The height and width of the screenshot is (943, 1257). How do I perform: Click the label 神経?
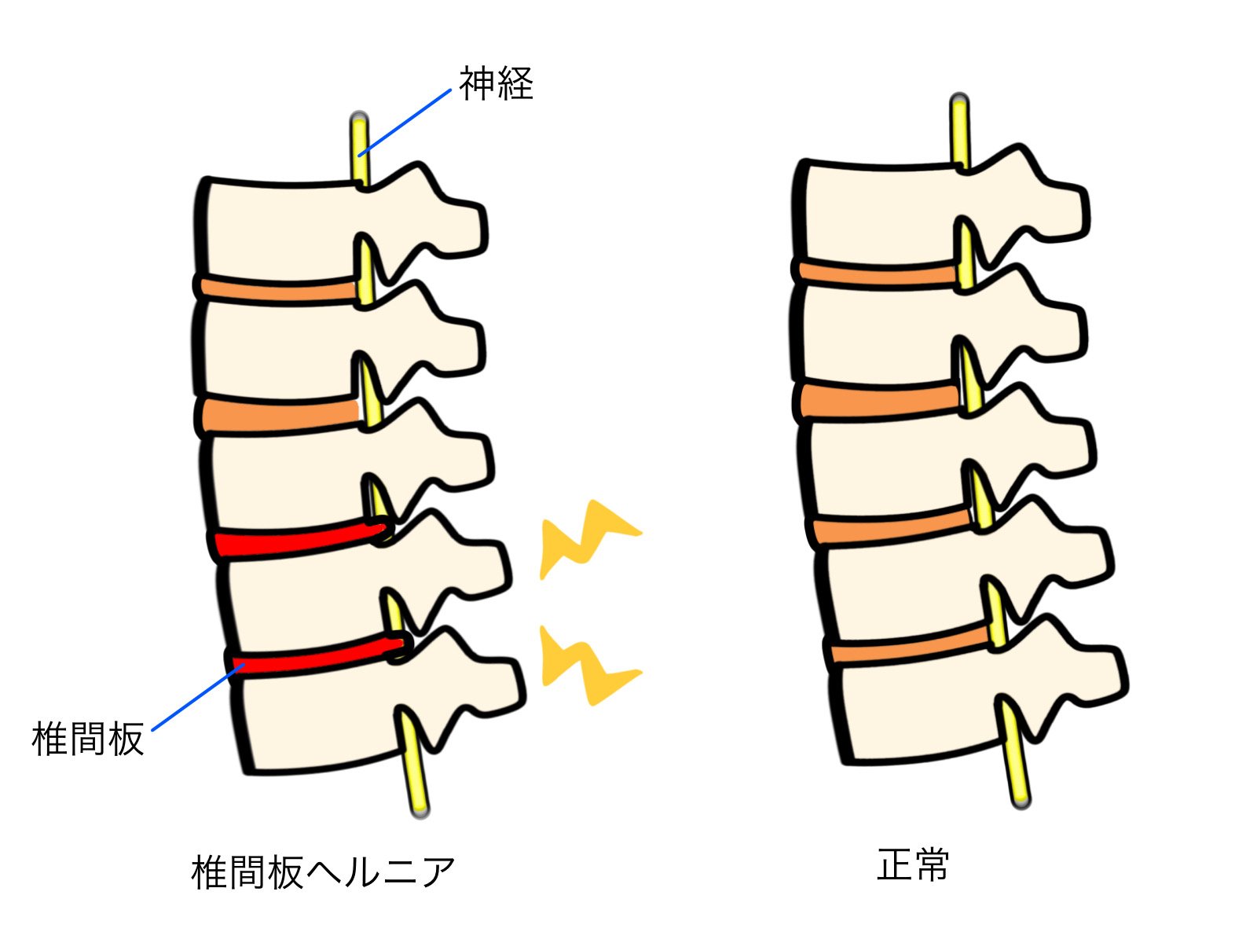pos(496,84)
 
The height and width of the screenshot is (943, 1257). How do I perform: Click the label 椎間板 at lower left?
pos(88,739)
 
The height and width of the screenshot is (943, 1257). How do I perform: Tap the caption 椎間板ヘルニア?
pos(323,872)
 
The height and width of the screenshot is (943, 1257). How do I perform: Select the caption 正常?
pos(913,865)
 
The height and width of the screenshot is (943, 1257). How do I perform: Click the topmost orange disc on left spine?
pos(279,290)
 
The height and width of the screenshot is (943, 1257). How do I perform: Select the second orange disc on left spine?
pos(279,414)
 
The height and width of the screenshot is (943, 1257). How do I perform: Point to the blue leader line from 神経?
pos(405,123)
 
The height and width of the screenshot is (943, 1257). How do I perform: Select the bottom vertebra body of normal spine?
pos(919,711)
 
